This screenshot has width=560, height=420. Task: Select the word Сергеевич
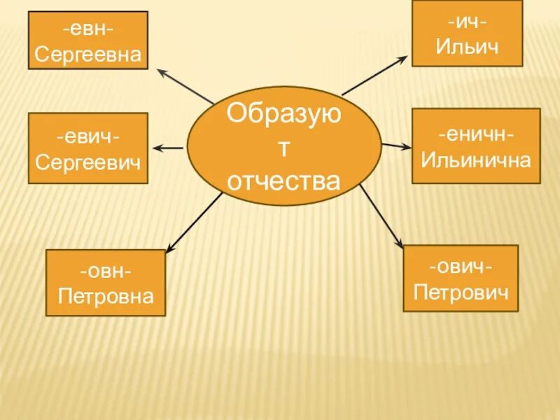[x=87, y=162]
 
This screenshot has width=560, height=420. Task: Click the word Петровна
[x=106, y=296]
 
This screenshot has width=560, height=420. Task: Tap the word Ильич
[x=467, y=47]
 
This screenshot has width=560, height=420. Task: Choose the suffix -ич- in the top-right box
[x=467, y=22]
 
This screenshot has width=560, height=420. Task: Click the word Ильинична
[x=476, y=159]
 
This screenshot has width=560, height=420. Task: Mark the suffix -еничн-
[x=476, y=133]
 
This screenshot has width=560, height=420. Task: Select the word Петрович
[x=461, y=290]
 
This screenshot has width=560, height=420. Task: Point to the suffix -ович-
[x=461, y=266]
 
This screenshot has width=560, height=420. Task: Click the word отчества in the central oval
[x=284, y=181]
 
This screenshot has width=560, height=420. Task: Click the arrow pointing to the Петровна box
[x=192, y=223]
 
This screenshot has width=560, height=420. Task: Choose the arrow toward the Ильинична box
[x=396, y=146]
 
